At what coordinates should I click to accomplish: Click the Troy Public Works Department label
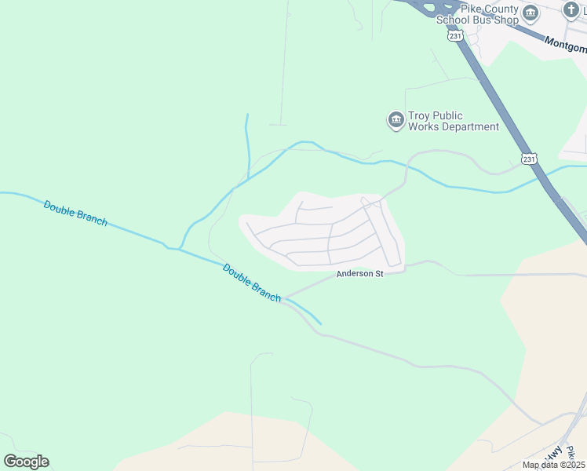pos(454,122)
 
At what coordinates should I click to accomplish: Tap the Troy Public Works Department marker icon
pos(396,120)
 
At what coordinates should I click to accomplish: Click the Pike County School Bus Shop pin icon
pos(531,13)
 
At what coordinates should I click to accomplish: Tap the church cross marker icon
pos(571,10)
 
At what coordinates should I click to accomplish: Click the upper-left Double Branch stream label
pos(75,214)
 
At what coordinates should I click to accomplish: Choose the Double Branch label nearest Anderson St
pos(252,283)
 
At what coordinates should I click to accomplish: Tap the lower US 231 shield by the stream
pos(530,159)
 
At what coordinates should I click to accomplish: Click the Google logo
pos(26,461)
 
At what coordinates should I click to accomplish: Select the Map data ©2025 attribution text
pos(554,465)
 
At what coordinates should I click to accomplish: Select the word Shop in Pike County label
pos(507,20)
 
